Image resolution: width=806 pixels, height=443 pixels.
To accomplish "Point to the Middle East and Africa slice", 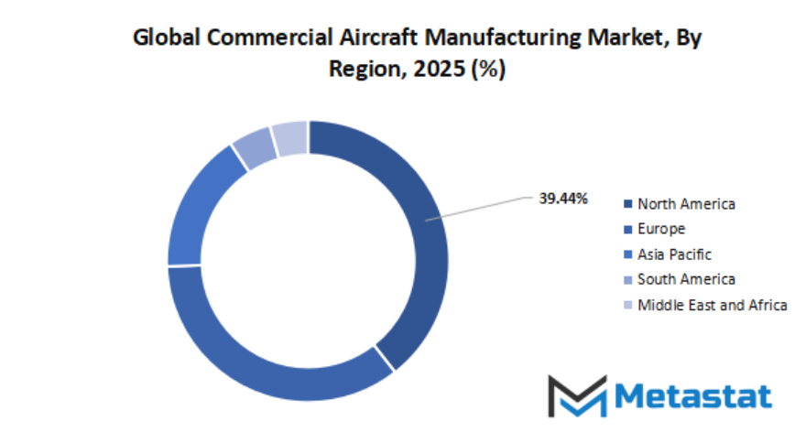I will click(x=290, y=138).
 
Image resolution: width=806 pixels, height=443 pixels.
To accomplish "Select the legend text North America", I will click(x=687, y=204).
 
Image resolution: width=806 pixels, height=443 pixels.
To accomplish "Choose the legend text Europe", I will click(x=661, y=229).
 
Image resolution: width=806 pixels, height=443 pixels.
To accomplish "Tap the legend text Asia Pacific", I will click(x=675, y=254).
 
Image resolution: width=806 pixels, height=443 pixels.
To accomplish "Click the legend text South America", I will click(x=687, y=279).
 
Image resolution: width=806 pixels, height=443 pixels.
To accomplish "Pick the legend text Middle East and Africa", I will click(x=713, y=305).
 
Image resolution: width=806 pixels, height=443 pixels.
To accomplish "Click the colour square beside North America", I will click(x=627, y=204).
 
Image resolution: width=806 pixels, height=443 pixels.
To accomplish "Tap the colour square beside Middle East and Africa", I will click(x=627, y=305).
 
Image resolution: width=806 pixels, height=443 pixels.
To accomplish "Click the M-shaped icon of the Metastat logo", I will click(x=577, y=395).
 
